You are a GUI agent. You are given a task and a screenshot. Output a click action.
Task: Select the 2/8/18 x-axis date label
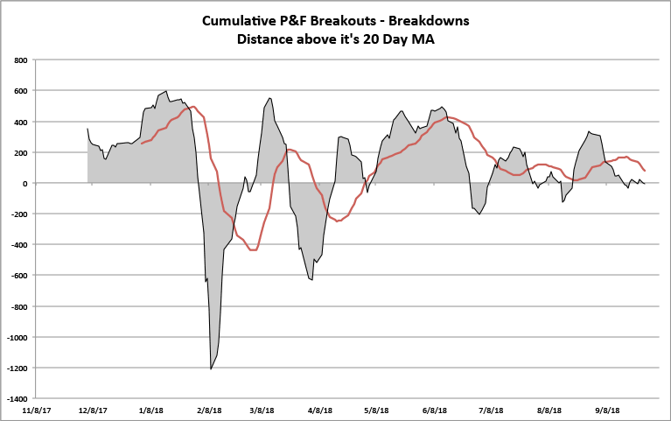(x=208, y=410)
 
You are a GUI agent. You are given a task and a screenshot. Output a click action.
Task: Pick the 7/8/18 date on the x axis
(x=492, y=410)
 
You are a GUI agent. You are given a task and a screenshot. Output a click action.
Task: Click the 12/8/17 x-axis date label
(x=93, y=410)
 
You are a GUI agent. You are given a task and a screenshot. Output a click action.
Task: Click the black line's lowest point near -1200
(x=211, y=368)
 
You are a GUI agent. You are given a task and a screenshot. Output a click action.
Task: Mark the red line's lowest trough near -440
(x=254, y=250)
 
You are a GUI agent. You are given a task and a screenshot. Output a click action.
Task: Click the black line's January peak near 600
(x=166, y=91)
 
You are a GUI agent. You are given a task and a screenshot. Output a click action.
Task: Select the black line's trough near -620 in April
(x=311, y=279)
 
